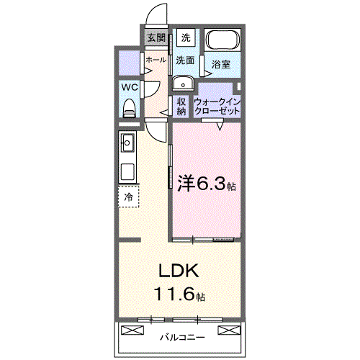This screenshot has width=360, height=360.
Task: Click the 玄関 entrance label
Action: (156, 38)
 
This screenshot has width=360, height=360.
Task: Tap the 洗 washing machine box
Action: (186, 37)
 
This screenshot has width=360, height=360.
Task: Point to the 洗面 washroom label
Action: (186, 60)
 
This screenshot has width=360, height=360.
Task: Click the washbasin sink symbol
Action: (181, 81)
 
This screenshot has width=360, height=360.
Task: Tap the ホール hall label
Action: (156, 60)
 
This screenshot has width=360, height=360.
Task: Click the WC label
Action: (130, 86)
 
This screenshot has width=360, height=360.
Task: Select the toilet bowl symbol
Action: (130, 108)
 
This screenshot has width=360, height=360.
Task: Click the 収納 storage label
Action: (181, 107)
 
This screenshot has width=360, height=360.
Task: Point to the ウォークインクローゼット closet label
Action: (217, 107)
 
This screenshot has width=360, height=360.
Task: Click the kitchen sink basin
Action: (129, 142)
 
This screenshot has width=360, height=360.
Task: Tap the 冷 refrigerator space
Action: (130, 196)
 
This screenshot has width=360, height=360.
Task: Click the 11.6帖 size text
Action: (179, 294)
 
